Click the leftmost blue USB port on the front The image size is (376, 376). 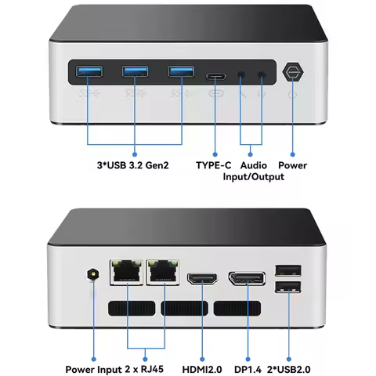[x=89, y=71]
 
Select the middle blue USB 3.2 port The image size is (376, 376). [x=135, y=71]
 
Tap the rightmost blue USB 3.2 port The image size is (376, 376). [x=181, y=71]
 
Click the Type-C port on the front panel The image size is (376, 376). [x=215, y=77]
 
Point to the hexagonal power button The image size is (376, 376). [x=293, y=72]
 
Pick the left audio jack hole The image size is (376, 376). [x=241, y=75]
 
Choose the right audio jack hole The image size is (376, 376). [x=262, y=75]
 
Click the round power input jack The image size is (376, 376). [x=92, y=275]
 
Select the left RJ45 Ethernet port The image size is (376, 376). [x=127, y=272]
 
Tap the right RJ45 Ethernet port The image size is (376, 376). [x=163, y=272]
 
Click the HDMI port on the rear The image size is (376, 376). [x=202, y=278]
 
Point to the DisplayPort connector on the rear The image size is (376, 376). [x=247, y=278]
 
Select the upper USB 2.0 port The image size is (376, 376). [x=288, y=270]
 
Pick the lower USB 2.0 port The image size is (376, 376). [x=288, y=287]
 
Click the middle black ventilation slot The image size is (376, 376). [x=184, y=308]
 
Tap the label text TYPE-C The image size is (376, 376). [x=214, y=165]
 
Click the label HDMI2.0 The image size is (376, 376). [x=202, y=370]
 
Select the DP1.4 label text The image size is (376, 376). [x=248, y=370]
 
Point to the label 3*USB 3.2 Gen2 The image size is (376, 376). [x=132, y=165]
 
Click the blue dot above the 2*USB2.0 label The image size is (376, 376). [x=289, y=360]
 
